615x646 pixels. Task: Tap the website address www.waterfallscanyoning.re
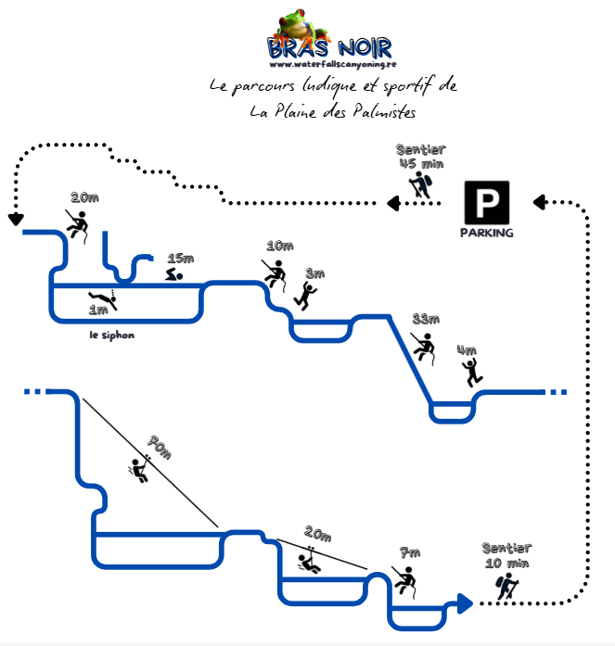pyautogui.click(x=330, y=65)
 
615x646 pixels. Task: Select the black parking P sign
pyautogui.click(x=486, y=201)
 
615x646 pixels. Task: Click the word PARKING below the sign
pyautogui.click(x=486, y=233)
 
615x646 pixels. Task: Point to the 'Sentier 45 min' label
pyautogui.click(x=420, y=157)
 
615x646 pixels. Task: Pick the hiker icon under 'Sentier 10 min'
pyautogui.click(x=506, y=587)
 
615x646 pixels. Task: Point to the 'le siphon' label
pyautogui.click(x=111, y=335)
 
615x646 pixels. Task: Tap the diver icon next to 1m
pyautogui.click(x=101, y=299)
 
